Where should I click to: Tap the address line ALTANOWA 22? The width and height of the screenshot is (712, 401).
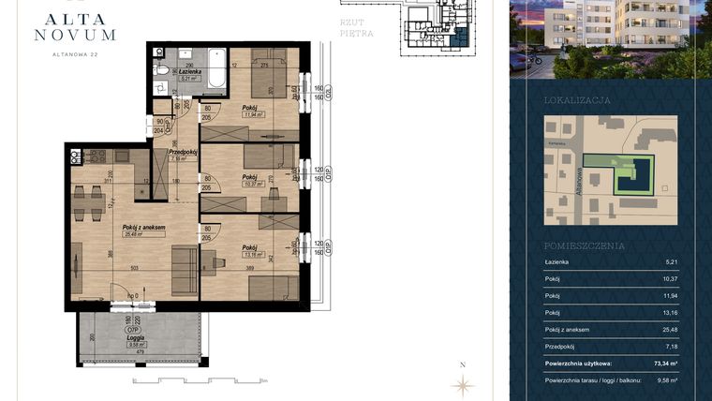pos(73,54)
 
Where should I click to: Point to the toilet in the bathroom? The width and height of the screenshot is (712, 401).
pos(162,69)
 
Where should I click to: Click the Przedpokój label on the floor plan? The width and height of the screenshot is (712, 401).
pos(181,152)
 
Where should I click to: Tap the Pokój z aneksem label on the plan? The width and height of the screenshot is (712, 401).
pos(143,228)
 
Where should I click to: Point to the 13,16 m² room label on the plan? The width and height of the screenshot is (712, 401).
pos(249,252)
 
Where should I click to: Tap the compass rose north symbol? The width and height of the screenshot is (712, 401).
pos(461,383)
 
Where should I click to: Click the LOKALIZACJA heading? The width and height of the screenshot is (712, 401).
pos(577,99)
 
